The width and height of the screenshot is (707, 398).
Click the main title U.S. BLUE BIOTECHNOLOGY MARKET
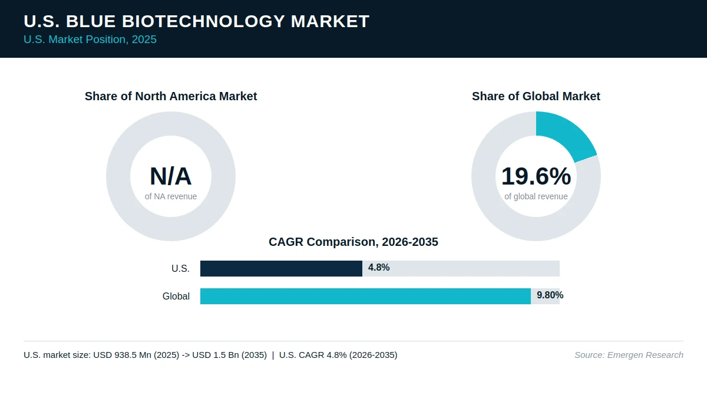point(196,21)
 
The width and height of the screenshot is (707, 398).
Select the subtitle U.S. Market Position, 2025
point(90,40)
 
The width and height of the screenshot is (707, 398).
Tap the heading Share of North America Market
point(171,96)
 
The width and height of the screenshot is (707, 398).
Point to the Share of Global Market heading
point(536,96)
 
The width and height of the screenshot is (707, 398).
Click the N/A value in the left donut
point(171,176)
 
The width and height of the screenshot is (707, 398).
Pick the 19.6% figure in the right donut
point(536,176)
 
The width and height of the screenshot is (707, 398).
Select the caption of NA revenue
point(171,196)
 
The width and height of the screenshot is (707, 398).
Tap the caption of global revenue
point(536,196)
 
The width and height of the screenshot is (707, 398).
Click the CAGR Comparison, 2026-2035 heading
point(353,242)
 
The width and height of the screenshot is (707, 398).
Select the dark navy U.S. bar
point(281,268)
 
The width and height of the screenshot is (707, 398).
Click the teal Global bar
point(365,296)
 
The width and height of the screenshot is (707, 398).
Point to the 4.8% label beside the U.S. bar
point(379,268)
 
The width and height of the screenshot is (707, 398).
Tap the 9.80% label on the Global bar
point(550,295)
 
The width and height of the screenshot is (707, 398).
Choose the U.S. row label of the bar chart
point(180,268)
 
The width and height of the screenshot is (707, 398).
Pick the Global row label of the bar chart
point(176,296)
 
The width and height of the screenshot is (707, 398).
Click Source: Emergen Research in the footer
point(629,355)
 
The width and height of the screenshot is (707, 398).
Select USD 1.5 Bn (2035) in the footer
point(229,355)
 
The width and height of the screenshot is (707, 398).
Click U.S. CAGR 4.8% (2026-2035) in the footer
point(338,355)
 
